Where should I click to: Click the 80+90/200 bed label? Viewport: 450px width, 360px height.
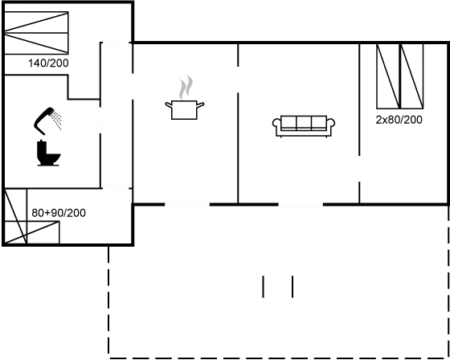tap(59, 212)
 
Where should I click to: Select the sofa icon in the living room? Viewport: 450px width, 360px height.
tap(304, 125)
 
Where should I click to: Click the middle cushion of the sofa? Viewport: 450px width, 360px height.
tap(304, 123)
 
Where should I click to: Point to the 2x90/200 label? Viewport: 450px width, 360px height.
tap(399, 119)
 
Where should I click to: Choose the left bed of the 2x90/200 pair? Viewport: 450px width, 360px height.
tap(387, 76)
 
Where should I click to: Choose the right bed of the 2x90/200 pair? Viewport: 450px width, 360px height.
tap(412, 76)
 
